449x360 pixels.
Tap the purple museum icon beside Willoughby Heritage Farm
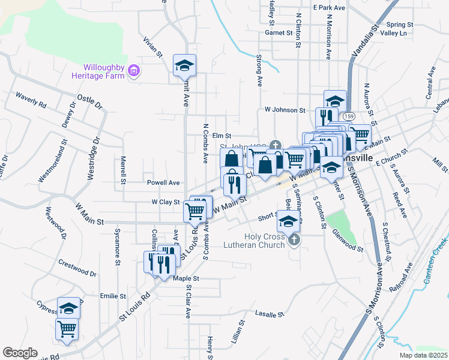click(x=134, y=73)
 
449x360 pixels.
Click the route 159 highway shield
click(x=349, y=116)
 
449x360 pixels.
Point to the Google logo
click(x=20, y=353)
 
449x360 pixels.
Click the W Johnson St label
click(x=285, y=110)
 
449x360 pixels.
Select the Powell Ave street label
click(x=163, y=182)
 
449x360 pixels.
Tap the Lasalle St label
click(x=268, y=314)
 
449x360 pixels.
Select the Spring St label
click(x=402, y=25)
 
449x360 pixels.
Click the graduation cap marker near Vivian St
click(x=184, y=65)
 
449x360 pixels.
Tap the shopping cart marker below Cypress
click(x=67, y=329)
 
